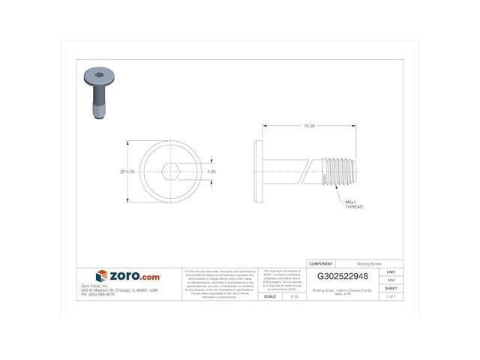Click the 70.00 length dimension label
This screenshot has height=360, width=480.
coord(309,126)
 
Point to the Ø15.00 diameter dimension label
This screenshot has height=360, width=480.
coord(127,172)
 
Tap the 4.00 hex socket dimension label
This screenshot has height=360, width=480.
coord(211,172)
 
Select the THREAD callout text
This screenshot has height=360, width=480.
coord(354,206)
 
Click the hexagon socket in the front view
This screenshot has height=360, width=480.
coord(169,172)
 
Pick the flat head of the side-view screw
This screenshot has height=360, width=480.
coord(259,172)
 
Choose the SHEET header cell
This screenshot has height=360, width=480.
coord(391,287)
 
